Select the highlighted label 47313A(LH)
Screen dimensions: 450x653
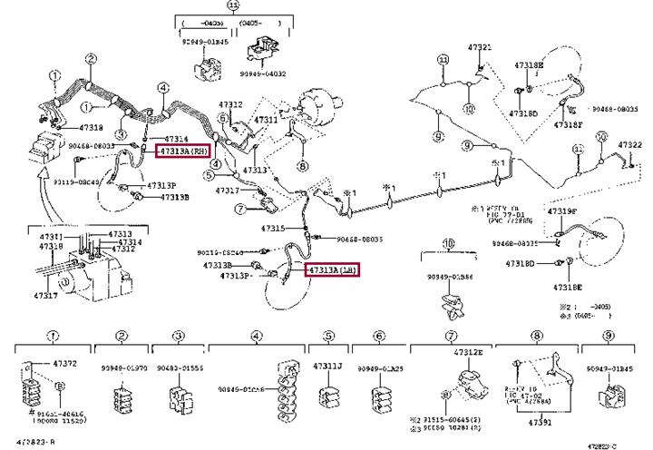332,269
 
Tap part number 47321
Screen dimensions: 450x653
480,47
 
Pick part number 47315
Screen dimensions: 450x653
272,228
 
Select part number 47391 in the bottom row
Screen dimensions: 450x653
540,423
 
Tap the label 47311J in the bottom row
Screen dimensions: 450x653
327,367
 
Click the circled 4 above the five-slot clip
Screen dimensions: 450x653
257,336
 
